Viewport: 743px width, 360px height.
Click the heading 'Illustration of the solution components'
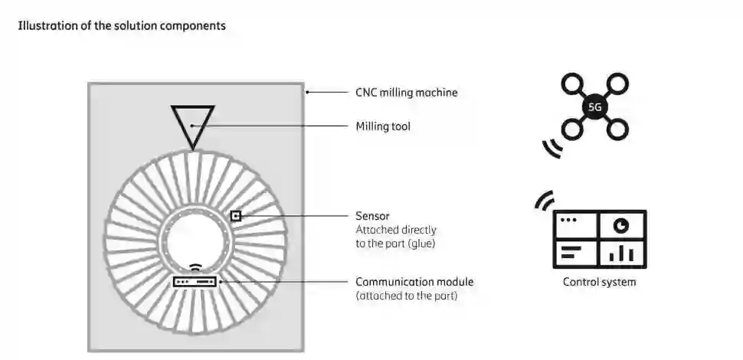coord(121,25)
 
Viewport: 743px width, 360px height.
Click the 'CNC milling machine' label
coord(406,93)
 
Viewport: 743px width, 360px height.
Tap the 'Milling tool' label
coord(383,126)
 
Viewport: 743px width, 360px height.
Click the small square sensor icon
coord(236,216)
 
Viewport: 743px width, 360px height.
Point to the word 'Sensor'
coord(373,216)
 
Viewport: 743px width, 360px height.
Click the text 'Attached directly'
coord(395,229)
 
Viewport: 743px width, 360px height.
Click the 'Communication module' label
coord(414,282)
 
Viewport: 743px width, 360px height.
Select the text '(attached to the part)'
coord(407,296)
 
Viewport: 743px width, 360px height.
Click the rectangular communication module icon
coord(195,282)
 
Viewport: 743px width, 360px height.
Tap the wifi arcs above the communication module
coord(195,268)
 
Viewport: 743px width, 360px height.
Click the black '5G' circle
coord(594,107)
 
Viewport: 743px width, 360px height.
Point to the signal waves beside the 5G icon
coord(552,148)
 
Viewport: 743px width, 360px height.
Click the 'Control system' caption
coord(599,282)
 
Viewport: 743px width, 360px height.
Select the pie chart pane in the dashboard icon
coord(621,225)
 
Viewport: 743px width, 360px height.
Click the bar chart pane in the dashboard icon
coord(621,252)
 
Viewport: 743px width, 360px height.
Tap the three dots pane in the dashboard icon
coord(574,224)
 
